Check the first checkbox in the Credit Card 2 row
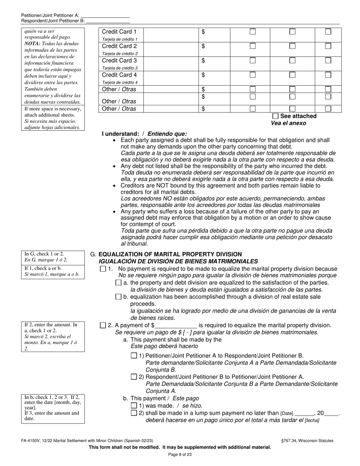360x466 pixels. click(252, 46)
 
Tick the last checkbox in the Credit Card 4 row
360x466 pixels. click(328, 75)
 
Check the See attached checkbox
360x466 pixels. click(275, 116)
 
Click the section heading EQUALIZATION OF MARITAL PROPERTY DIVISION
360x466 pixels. click(170, 254)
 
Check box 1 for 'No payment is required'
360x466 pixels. click(103, 269)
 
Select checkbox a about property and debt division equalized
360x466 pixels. click(118, 283)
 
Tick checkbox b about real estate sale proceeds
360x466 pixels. click(118, 297)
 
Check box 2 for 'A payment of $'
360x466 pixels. click(103, 325)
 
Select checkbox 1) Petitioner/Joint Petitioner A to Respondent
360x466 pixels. click(134, 356)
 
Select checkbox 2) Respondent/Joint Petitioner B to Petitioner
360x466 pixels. click(134, 377)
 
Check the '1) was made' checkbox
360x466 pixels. click(134, 405)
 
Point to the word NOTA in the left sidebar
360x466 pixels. click(32, 44)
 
